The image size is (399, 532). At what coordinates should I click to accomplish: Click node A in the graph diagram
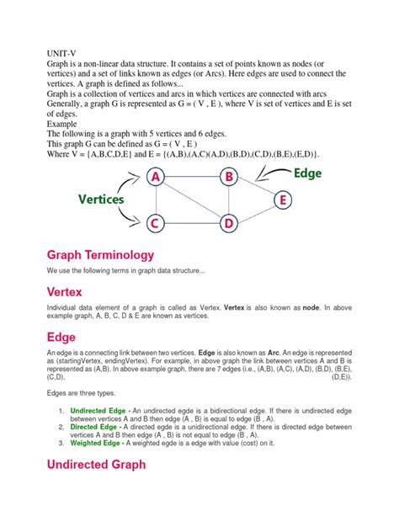(154, 177)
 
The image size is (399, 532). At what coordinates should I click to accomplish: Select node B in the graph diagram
(228, 177)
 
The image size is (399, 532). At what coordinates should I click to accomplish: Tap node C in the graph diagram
(154, 223)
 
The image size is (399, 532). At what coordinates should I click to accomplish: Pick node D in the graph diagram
(228, 223)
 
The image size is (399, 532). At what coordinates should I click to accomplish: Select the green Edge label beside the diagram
(307, 172)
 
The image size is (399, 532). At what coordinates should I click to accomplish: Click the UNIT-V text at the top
(64, 53)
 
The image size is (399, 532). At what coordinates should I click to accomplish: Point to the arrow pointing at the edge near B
(269, 173)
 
